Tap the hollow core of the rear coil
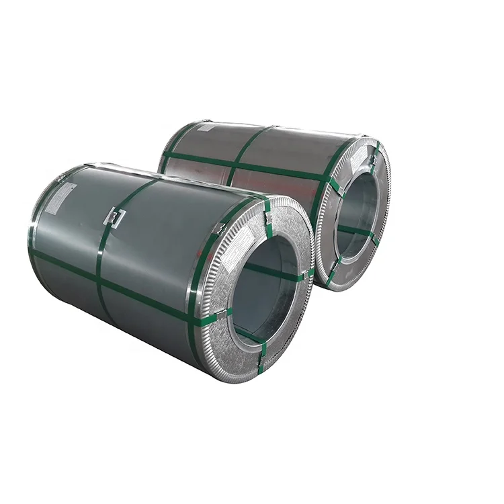[x=356, y=215]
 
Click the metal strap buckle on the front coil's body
[x=115, y=216]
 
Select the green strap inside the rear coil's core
[x=356, y=232]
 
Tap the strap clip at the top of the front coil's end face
[x=267, y=214]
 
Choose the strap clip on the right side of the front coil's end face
[x=310, y=273]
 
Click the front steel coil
[x=155, y=269]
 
